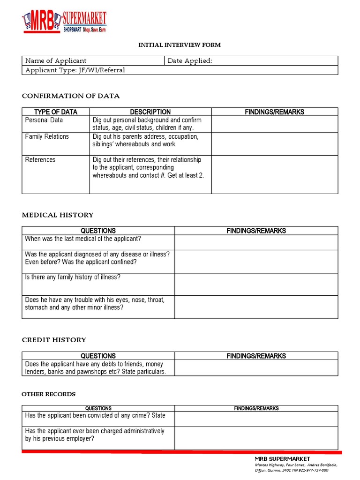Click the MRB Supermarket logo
coord(64,22)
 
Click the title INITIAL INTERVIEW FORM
coord(179,45)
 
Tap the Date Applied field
coord(251,61)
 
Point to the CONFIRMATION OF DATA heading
coord(71,96)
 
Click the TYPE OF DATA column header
coord(56,112)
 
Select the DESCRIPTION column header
coord(150,112)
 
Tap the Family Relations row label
coord(47,137)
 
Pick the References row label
coord(40,160)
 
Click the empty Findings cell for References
coord(274,174)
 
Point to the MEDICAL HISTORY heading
coord(58,215)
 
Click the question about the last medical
coord(82,239)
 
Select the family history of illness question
coord(73,277)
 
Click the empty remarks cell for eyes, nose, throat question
coord(256,307)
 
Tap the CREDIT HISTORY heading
coord(54,340)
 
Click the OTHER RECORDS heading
coord(48,394)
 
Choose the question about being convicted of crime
coord(95,416)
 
